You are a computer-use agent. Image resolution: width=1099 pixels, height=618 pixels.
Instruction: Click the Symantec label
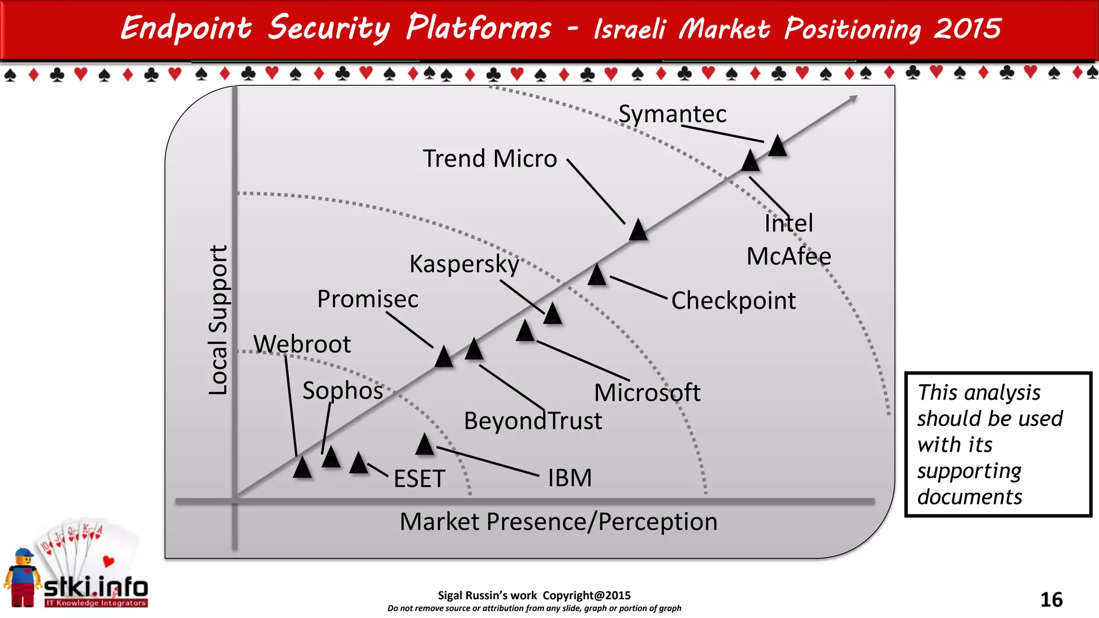pyautogui.click(x=672, y=114)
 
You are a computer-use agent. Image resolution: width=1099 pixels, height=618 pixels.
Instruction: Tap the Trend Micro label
pyautogui.click(x=490, y=159)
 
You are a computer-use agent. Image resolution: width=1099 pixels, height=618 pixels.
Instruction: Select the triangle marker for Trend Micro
pyautogui.click(x=638, y=230)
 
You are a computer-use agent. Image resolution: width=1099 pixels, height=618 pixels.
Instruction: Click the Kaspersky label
pyautogui.click(x=464, y=264)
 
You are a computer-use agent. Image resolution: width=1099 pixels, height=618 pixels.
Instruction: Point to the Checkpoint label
pyautogui.click(x=734, y=300)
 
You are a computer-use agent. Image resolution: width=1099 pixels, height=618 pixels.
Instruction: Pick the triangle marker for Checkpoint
pyautogui.click(x=597, y=275)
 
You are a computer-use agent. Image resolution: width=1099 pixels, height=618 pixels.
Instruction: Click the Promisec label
pyautogui.click(x=368, y=299)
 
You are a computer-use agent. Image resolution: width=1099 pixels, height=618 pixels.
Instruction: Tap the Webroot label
pyautogui.click(x=302, y=344)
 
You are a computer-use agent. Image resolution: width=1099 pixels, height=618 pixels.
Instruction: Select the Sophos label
pyautogui.click(x=343, y=391)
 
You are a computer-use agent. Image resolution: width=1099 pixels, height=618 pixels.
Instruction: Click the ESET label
pyautogui.click(x=419, y=479)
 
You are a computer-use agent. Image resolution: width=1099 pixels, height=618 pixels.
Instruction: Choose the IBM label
pyautogui.click(x=570, y=477)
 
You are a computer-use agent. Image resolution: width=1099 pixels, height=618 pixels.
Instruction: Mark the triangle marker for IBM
pyautogui.click(x=425, y=445)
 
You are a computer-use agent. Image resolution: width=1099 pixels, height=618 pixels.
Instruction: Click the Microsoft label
pyautogui.click(x=647, y=393)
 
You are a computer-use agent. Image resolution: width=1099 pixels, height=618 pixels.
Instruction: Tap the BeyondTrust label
pyautogui.click(x=533, y=421)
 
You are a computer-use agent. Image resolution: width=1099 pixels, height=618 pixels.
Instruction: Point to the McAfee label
pyautogui.click(x=789, y=256)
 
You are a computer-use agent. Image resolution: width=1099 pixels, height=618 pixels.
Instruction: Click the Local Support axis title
pyautogui.click(x=218, y=320)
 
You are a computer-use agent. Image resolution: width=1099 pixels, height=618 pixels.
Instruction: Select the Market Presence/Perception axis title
pyautogui.click(x=559, y=521)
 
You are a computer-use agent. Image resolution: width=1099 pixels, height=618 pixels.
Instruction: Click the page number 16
pyautogui.click(x=1051, y=599)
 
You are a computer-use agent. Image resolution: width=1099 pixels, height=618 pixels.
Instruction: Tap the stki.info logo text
pyautogui.click(x=96, y=587)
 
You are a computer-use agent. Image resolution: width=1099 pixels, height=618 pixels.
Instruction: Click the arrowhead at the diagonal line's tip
pyautogui.click(x=853, y=98)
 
